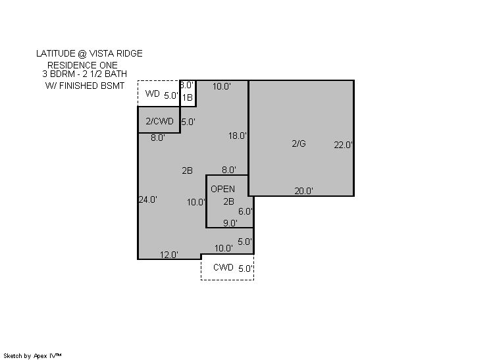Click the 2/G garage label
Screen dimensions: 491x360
[299, 143]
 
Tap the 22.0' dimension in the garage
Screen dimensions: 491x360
[343, 145]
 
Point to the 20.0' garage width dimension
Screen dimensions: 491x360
[303, 191]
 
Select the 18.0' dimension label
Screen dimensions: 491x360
[238, 136]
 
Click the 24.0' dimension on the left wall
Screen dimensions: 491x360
[148, 199]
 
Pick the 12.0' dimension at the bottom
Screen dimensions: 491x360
[169, 255]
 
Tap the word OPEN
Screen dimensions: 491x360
[222, 189]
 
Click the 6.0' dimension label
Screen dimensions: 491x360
[245, 211]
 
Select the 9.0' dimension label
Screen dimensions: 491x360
[230, 223]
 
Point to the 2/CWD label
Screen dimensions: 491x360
[160, 121]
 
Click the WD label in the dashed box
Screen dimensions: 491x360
[153, 93]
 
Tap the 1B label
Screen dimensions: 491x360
[188, 97]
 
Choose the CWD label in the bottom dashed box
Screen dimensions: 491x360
[223, 267]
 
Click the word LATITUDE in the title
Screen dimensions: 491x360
[56, 53]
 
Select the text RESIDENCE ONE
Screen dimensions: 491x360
[82, 65]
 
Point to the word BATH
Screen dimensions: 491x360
[116, 74]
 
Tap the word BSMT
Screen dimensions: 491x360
[113, 86]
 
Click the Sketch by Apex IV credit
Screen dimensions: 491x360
[32, 356]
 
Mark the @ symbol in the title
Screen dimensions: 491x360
[82, 54]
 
